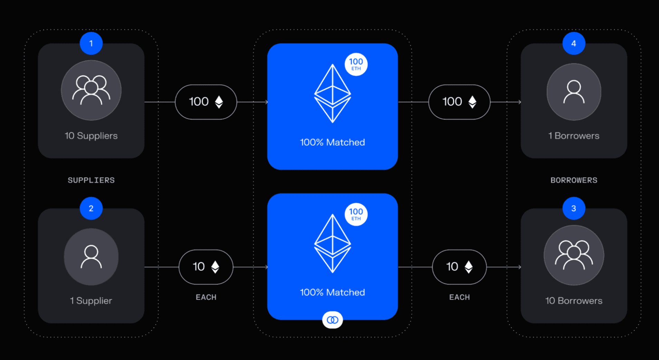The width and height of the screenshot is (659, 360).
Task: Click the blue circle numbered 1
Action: tap(91, 43)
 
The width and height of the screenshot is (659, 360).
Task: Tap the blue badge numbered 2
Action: tap(91, 208)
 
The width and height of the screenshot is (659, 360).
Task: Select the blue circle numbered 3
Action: tap(574, 208)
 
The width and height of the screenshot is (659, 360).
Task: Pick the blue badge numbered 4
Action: tap(574, 43)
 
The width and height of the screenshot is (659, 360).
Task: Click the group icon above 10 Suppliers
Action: tap(91, 90)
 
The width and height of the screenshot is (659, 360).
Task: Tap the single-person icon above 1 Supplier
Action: tap(91, 257)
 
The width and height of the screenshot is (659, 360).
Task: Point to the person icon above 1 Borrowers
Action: tap(574, 92)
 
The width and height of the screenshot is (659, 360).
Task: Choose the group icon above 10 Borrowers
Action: tap(574, 255)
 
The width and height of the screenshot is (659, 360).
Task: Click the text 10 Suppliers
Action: tap(91, 136)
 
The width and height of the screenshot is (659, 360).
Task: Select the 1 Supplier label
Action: tap(91, 301)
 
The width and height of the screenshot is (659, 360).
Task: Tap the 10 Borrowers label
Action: tap(574, 301)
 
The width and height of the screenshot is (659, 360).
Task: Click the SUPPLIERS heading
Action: tap(91, 180)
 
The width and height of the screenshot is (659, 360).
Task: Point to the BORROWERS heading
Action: tap(574, 180)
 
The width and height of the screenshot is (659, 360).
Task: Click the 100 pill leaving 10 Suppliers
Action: tap(206, 102)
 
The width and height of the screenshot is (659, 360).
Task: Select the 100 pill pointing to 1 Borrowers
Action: tap(459, 102)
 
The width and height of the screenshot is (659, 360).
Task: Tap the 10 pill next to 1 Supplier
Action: tap(206, 267)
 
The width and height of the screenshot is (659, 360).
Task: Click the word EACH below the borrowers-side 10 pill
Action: tap(459, 297)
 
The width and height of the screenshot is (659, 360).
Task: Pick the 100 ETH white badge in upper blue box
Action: tap(356, 64)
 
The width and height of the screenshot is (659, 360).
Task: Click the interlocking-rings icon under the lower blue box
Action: tap(333, 320)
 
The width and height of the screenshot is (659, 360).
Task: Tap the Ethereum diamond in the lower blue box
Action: tap(333, 243)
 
